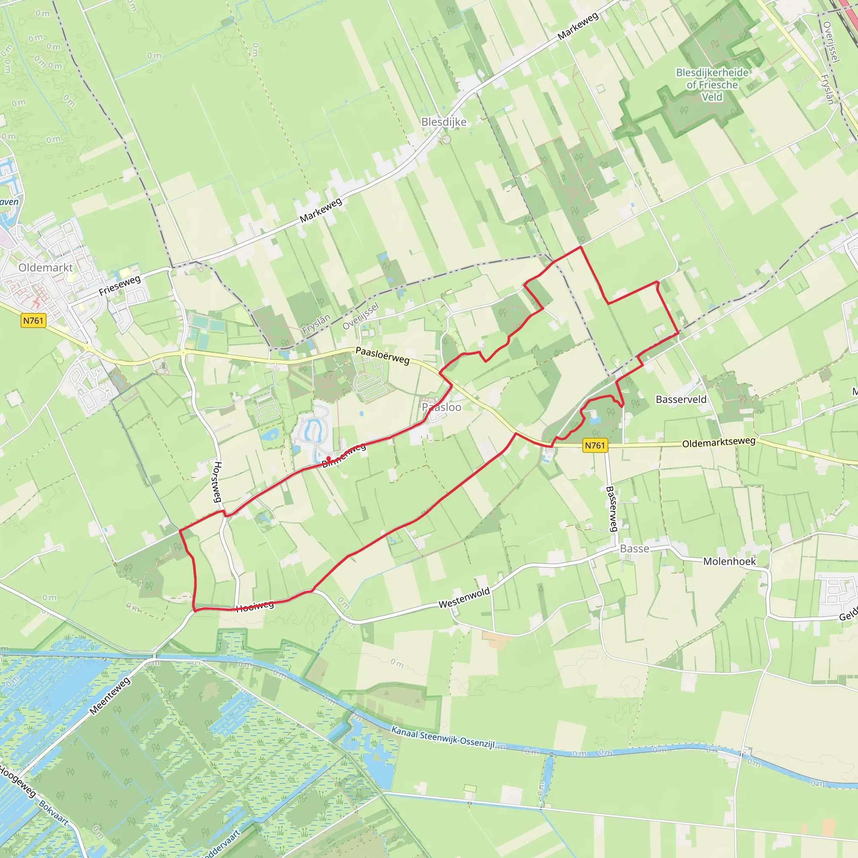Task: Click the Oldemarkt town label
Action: pyautogui.click(x=45, y=267)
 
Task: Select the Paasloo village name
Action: pyautogui.click(x=442, y=407)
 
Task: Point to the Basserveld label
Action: pyautogui.click(x=681, y=399)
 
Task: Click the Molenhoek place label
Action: pyautogui.click(x=729, y=561)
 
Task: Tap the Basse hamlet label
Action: pyautogui.click(x=634, y=549)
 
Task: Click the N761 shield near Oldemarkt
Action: pyautogui.click(x=34, y=320)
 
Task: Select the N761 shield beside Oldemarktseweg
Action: pyautogui.click(x=594, y=445)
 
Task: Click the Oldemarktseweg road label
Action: pyautogui.click(x=718, y=443)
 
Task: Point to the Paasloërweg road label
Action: pyautogui.click(x=382, y=356)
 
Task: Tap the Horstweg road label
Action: pyautogui.click(x=217, y=482)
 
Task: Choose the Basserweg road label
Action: pyautogui.click(x=612, y=509)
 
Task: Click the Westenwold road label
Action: pyautogui.click(x=464, y=598)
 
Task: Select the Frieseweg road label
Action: pyautogui.click(x=119, y=286)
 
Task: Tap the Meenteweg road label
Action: pyautogui.click(x=110, y=696)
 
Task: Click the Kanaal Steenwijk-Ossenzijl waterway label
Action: pyautogui.click(x=443, y=738)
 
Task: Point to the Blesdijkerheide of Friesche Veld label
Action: pyautogui.click(x=712, y=84)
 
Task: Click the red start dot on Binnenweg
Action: pyautogui.click(x=328, y=458)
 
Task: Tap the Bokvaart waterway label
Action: pyautogui.click(x=54, y=813)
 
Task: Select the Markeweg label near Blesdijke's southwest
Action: pyautogui.click(x=320, y=210)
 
